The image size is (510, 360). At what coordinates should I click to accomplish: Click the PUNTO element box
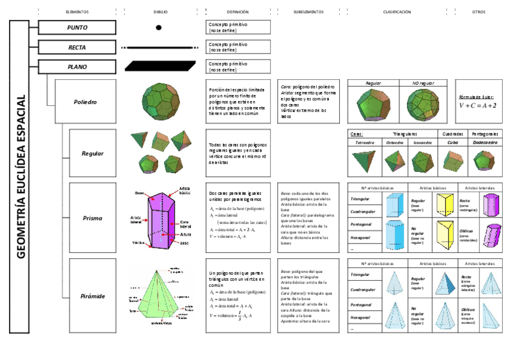(77, 27)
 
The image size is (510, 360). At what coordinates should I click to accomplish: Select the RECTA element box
(77, 47)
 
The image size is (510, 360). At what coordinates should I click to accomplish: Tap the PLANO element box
(77, 66)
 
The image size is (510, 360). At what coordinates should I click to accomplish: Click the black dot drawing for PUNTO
(159, 27)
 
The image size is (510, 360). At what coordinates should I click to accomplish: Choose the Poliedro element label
(85, 102)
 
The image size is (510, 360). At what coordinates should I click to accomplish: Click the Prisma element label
(92, 218)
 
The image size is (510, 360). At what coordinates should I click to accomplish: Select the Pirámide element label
(93, 296)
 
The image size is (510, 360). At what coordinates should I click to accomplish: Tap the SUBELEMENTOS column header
(309, 12)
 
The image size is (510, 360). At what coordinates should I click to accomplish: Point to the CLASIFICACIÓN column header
(397, 12)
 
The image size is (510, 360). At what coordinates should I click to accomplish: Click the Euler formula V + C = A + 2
(478, 105)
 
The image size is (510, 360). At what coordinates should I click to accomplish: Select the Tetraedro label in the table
(364, 142)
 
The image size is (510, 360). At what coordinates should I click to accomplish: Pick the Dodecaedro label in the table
(485, 142)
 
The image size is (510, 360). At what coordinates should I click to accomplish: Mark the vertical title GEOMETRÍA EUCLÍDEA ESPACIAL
(21, 176)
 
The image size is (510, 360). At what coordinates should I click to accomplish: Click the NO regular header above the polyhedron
(424, 83)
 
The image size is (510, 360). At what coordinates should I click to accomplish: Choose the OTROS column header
(479, 12)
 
